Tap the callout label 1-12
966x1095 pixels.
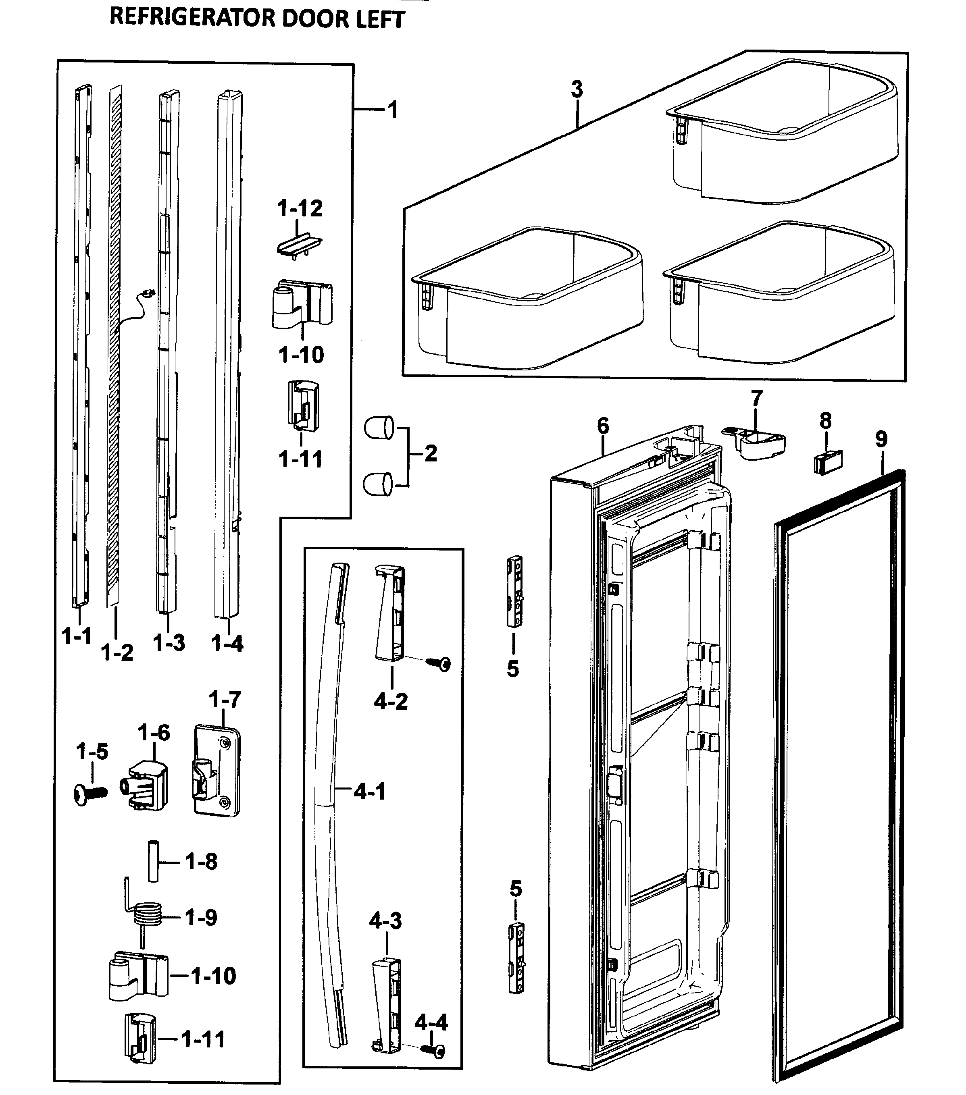pos(300,208)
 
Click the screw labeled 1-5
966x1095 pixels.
pos(90,793)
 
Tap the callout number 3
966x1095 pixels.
pos(577,89)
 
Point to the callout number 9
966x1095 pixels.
pos(881,439)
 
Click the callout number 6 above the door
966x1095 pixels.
pos(603,426)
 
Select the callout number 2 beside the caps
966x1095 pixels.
pos(430,453)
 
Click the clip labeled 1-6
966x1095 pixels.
pos(146,789)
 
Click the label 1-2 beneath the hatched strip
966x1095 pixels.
pos(117,652)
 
